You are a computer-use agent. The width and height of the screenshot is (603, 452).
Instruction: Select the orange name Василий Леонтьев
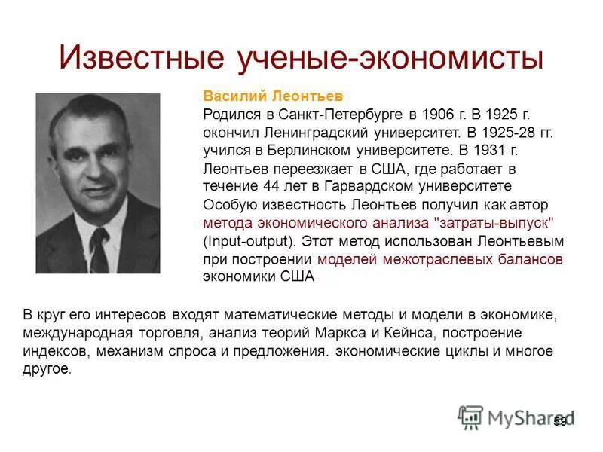(x=273, y=96)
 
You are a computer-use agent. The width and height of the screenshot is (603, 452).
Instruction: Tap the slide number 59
(x=559, y=421)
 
